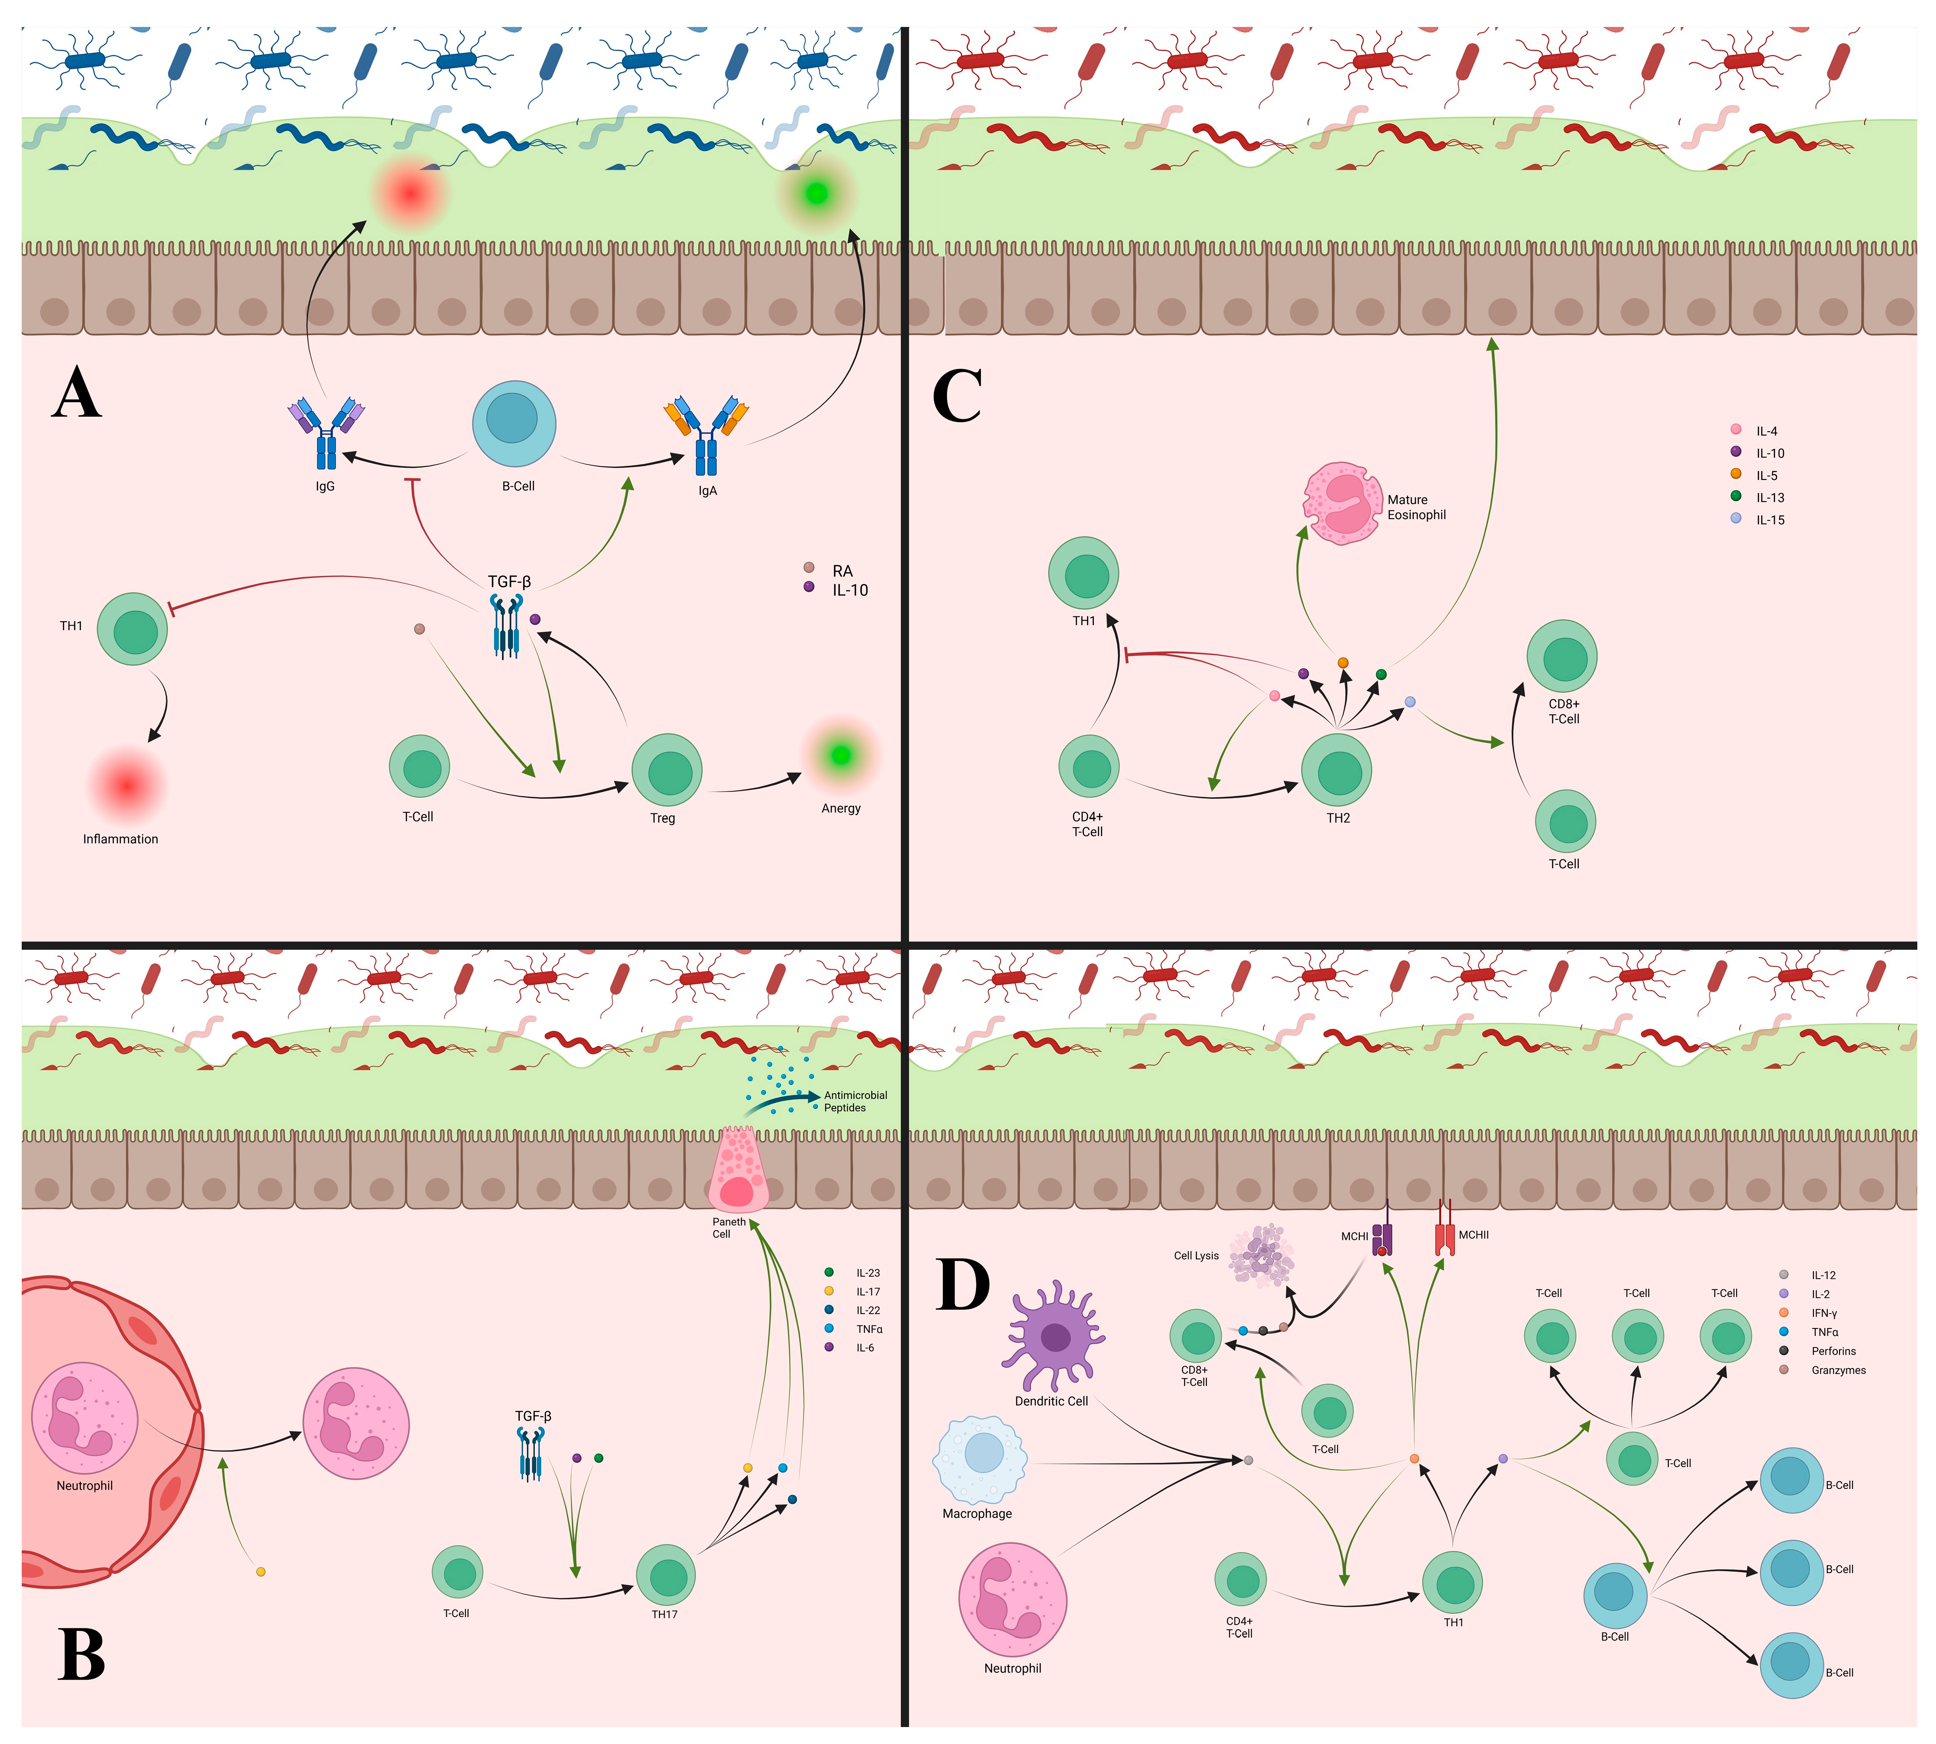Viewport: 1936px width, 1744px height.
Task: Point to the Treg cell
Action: pos(667,770)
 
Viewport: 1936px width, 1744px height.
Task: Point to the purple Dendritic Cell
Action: pos(1054,1337)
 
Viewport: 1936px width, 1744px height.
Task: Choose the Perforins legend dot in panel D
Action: pos(1784,1350)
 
